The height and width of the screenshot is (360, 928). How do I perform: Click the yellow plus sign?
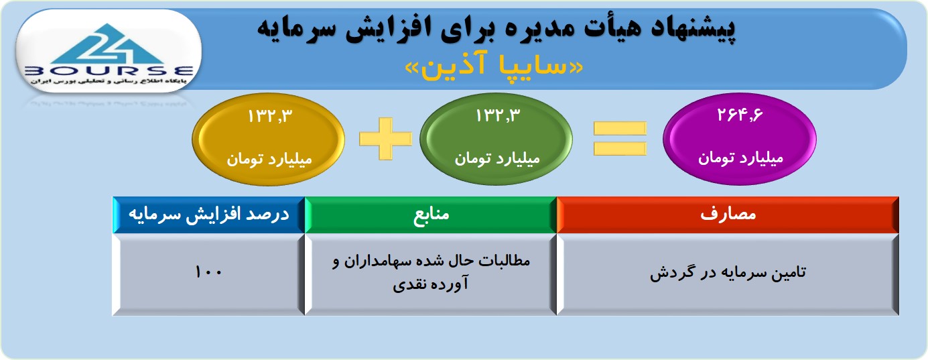coord(385,139)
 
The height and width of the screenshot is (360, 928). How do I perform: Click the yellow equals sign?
coord(620,138)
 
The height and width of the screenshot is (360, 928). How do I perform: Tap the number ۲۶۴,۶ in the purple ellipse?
coord(740,115)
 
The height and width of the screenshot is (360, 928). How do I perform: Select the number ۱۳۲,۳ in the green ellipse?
coord(498,115)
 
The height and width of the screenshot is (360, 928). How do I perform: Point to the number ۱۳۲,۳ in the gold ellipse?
coord(270,115)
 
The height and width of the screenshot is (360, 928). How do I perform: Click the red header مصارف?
coord(728,215)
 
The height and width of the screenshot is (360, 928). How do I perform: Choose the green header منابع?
coord(431,215)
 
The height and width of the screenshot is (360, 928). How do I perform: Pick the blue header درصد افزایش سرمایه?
coord(209,215)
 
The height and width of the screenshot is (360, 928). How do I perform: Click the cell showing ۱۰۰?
coord(209,274)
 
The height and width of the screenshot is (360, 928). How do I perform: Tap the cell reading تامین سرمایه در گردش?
coord(728,274)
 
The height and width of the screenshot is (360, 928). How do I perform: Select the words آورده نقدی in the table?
coord(431,284)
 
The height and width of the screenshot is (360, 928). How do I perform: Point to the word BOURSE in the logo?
coord(109,71)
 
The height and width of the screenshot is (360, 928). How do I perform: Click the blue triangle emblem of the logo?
coord(108,44)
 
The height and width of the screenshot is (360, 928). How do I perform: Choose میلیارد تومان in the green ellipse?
coord(497,159)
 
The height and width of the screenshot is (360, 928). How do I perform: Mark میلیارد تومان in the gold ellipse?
coord(269,160)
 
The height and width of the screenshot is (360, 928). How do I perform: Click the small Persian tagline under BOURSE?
coord(109,81)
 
